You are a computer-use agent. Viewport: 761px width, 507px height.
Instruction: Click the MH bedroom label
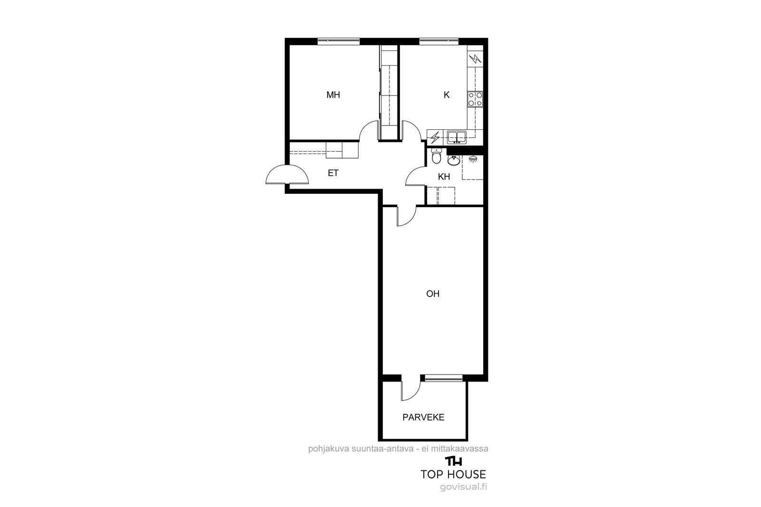click(333, 95)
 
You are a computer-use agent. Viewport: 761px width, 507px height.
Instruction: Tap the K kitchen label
click(447, 95)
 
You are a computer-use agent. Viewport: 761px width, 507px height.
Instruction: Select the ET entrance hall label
click(333, 173)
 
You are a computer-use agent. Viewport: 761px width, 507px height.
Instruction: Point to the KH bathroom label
click(444, 177)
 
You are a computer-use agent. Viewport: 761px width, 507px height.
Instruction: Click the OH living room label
click(433, 294)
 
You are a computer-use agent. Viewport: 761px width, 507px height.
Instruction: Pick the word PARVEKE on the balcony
click(423, 417)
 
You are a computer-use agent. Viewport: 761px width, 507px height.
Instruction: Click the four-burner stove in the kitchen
click(475, 99)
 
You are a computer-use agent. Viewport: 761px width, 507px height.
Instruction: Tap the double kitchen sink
click(457, 137)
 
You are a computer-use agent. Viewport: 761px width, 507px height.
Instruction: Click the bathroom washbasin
click(454, 160)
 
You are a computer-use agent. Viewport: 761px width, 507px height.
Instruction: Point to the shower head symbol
click(473, 159)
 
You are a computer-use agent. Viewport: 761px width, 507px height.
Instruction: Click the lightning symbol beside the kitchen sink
click(435, 138)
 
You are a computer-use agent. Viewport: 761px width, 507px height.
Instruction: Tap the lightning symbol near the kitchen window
click(475, 59)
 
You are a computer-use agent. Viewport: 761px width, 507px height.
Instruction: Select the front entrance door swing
click(287, 174)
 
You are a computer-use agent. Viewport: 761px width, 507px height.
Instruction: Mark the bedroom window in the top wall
click(338, 41)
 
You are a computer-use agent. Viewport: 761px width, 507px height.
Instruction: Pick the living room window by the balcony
click(444, 378)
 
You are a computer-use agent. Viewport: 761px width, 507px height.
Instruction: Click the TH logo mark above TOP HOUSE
click(454, 461)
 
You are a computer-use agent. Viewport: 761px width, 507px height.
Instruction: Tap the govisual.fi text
click(463, 487)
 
